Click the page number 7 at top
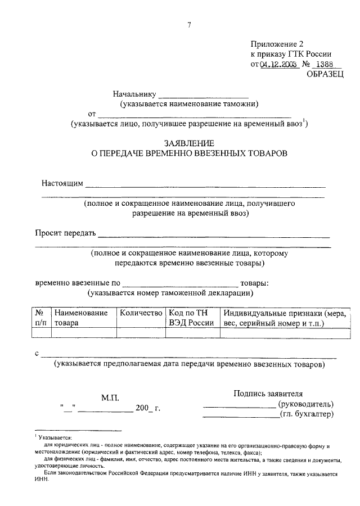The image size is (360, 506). (x=190, y=24)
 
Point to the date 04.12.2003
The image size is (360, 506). (x=278, y=65)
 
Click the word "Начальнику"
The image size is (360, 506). (x=135, y=93)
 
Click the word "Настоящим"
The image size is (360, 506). (x=62, y=183)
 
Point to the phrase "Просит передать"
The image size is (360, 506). (x=66, y=233)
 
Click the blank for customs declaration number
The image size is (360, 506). (x=180, y=283)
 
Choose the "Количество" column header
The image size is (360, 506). (x=141, y=313)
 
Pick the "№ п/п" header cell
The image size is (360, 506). (x=41, y=318)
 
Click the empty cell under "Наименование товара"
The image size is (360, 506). (x=83, y=332)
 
